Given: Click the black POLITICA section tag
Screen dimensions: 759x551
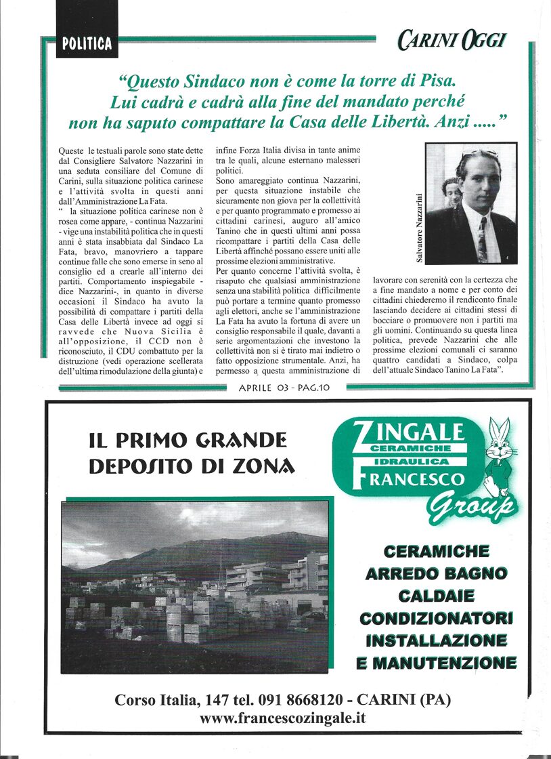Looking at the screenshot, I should click(x=87, y=44).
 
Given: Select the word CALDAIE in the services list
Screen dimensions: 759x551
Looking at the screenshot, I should click(x=435, y=596).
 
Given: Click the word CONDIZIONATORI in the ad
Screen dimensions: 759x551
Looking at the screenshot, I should click(x=435, y=618).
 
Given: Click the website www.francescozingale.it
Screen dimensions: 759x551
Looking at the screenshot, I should click(x=282, y=718).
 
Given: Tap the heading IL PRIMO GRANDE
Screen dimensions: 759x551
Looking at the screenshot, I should click(x=188, y=441).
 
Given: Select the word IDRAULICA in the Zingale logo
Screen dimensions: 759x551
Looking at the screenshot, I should click(x=410, y=461).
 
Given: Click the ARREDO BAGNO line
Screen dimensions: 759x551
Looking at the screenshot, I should click(x=435, y=574).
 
